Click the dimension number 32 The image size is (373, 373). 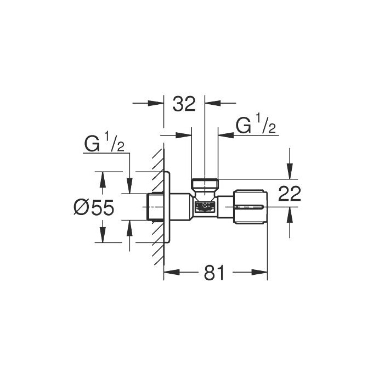[184, 104]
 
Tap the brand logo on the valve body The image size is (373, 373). [204, 207]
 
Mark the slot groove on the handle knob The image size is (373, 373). [251, 207]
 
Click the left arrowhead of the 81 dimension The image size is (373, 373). [168, 273]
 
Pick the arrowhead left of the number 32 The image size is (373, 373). [160, 103]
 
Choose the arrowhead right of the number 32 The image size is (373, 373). [209, 103]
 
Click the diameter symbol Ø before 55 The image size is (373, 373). [81, 207]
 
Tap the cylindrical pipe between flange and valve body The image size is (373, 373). [183, 207]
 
